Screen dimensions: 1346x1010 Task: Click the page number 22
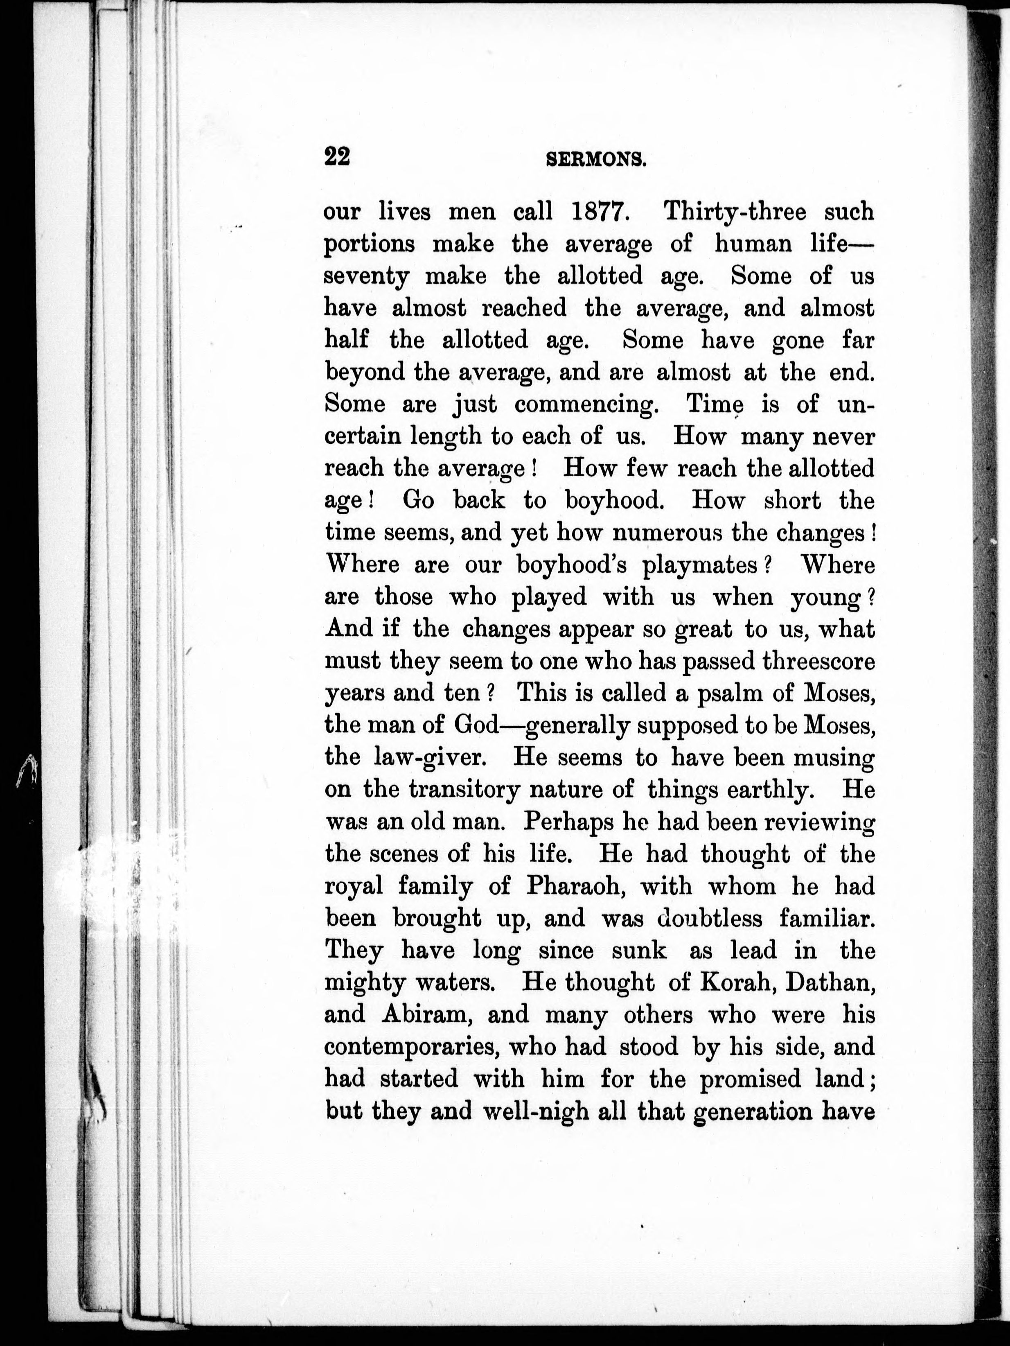[x=338, y=157]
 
